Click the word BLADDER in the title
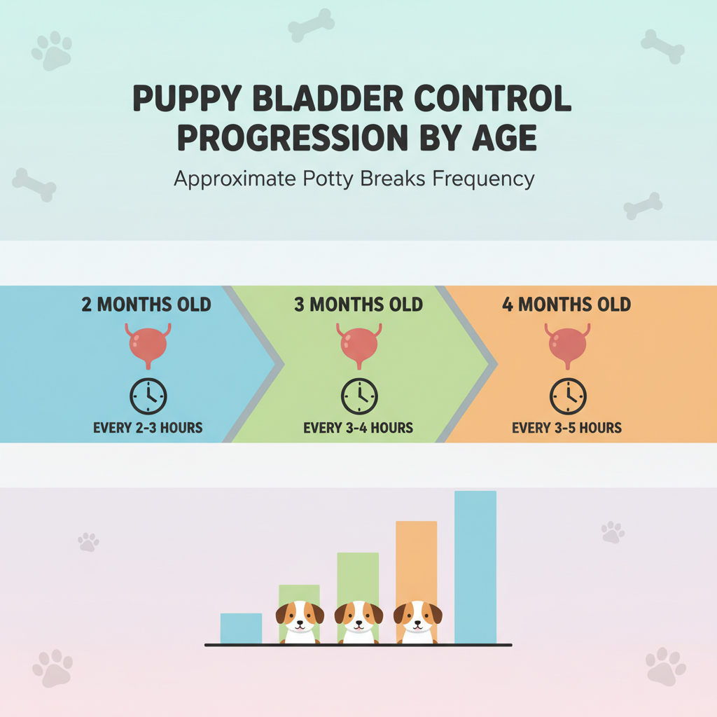(328, 98)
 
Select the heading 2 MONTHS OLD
(146, 305)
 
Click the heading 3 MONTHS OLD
(358, 305)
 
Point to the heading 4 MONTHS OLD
(566, 305)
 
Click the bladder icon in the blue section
(148, 346)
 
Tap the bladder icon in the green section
(359, 346)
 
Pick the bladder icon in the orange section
(567, 346)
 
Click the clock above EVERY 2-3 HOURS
(148, 396)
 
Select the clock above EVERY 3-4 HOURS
(359, 396)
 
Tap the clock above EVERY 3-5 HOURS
(568, 396)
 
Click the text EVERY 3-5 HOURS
(566, 428)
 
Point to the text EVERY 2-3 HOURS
(148, 428)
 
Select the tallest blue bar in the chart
(475, 567)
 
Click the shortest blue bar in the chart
(241, 628)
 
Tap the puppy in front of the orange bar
(417, 622)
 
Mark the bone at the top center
(311, 25)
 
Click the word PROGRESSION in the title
(293, 138)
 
